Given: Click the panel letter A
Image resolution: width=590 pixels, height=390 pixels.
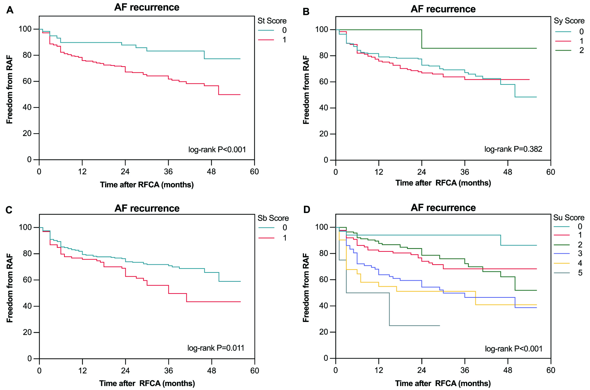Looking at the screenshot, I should point(10,10).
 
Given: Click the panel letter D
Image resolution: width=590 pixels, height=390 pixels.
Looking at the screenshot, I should point(306,209).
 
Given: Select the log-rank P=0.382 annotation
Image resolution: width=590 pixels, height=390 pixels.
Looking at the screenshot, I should point(513,149).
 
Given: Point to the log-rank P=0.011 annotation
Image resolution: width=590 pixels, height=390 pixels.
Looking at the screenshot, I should point(216,348).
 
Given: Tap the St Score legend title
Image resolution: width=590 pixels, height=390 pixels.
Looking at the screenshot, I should point(272,21).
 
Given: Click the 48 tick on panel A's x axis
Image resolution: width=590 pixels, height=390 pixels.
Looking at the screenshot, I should point(211,172).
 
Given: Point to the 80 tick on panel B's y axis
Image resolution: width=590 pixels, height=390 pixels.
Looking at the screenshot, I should point(321,56).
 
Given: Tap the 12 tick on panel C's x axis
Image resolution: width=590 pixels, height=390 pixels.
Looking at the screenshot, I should point(83,370).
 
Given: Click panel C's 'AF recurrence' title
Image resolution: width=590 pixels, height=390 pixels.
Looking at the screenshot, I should point(147,208).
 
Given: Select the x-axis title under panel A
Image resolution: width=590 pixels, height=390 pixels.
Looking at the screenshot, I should point(147,185).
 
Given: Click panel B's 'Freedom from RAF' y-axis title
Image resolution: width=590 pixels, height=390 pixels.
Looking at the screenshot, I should point(306,90).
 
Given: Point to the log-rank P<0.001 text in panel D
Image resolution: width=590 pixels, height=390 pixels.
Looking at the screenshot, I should point(513,349).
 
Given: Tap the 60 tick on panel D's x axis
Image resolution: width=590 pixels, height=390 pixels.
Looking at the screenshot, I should point(551,370).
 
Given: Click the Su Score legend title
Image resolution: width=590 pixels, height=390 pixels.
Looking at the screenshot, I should point(569,218).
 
